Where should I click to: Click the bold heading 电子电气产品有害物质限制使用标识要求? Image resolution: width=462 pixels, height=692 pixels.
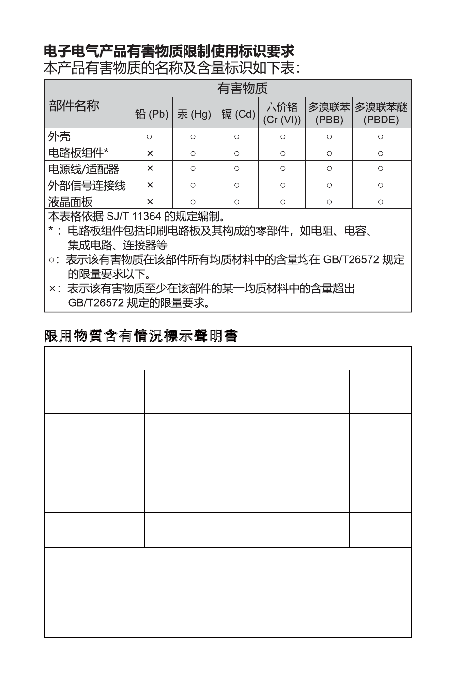pos(169,51)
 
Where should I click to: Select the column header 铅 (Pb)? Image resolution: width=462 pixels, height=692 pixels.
pos(151,114)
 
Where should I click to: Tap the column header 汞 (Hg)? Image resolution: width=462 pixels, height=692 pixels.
pos(194,114)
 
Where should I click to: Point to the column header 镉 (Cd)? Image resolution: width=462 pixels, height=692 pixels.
pos(238,114)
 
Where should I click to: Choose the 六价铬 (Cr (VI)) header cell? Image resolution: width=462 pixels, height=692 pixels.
pos(282,113)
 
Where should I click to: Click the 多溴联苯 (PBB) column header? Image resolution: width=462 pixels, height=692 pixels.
pos(329,113)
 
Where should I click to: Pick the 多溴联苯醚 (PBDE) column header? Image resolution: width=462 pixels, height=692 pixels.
pos(381,113)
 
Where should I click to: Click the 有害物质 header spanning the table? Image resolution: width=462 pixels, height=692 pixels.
pos(242,89)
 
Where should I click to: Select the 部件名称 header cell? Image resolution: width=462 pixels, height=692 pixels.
pos(74,105)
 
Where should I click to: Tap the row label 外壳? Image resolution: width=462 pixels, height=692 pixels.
pos(60,136)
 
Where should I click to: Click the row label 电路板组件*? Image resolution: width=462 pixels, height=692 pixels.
pos(78,153)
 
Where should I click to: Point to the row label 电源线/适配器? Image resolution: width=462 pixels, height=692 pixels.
pos(83,169)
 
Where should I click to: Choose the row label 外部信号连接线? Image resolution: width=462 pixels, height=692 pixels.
pos(87,185)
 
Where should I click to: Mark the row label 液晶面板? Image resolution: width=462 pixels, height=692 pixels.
pos(70,201)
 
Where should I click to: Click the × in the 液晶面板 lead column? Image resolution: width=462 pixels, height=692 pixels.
pos(150,202)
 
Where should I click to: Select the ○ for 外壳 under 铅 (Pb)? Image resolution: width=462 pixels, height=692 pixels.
pos(150,137)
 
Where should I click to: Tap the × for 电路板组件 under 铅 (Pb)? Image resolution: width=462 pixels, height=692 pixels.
pos(150,153)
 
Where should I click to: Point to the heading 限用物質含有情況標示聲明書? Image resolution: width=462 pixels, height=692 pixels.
pos(141,336)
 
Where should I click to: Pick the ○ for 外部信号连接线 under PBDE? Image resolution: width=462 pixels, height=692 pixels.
pos(381,185)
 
